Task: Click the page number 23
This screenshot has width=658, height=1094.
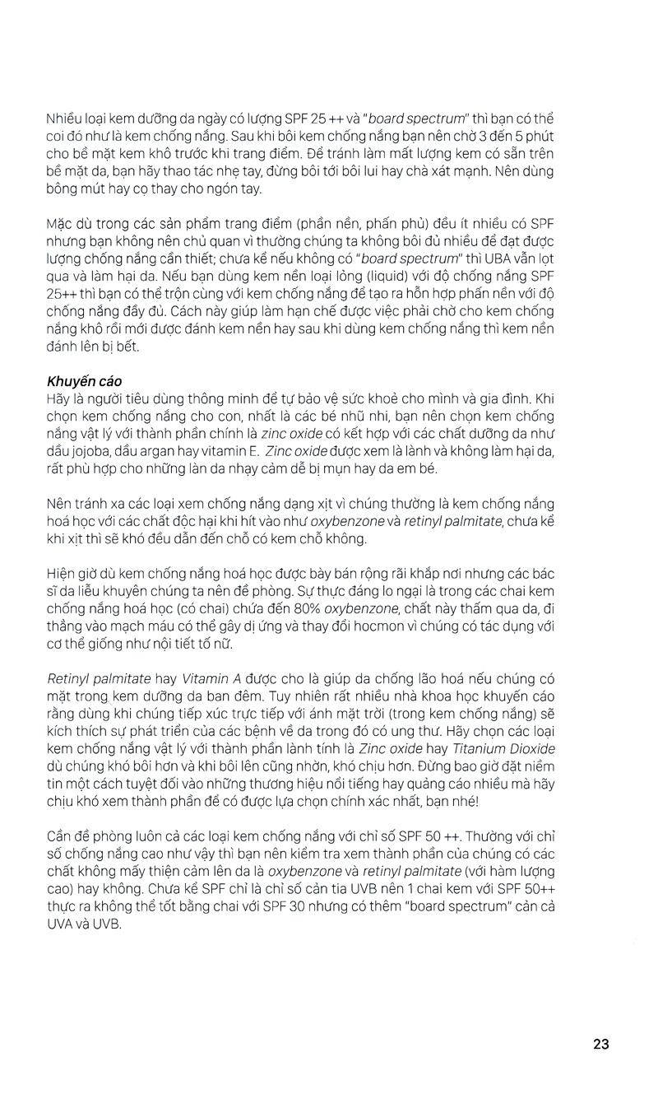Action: point(600,1044)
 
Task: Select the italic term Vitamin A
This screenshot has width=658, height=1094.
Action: point(211,678)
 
